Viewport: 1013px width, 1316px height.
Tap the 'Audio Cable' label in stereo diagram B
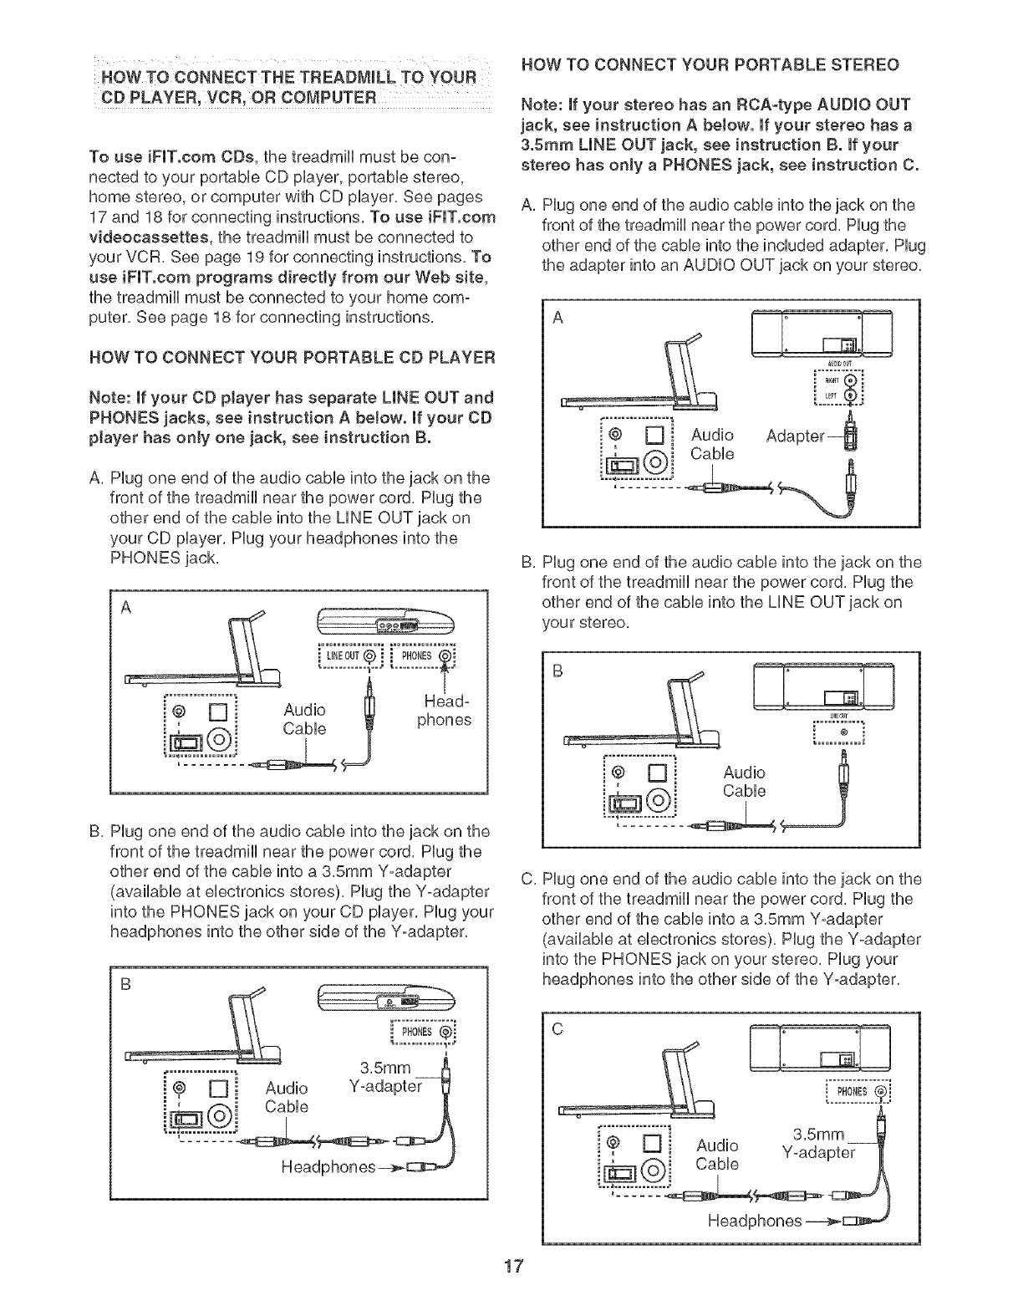[x=744, y=781]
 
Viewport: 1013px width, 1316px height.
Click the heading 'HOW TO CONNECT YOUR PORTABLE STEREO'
[x=710, y=64]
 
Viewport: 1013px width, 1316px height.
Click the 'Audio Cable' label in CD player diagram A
[x=304, y=719]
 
